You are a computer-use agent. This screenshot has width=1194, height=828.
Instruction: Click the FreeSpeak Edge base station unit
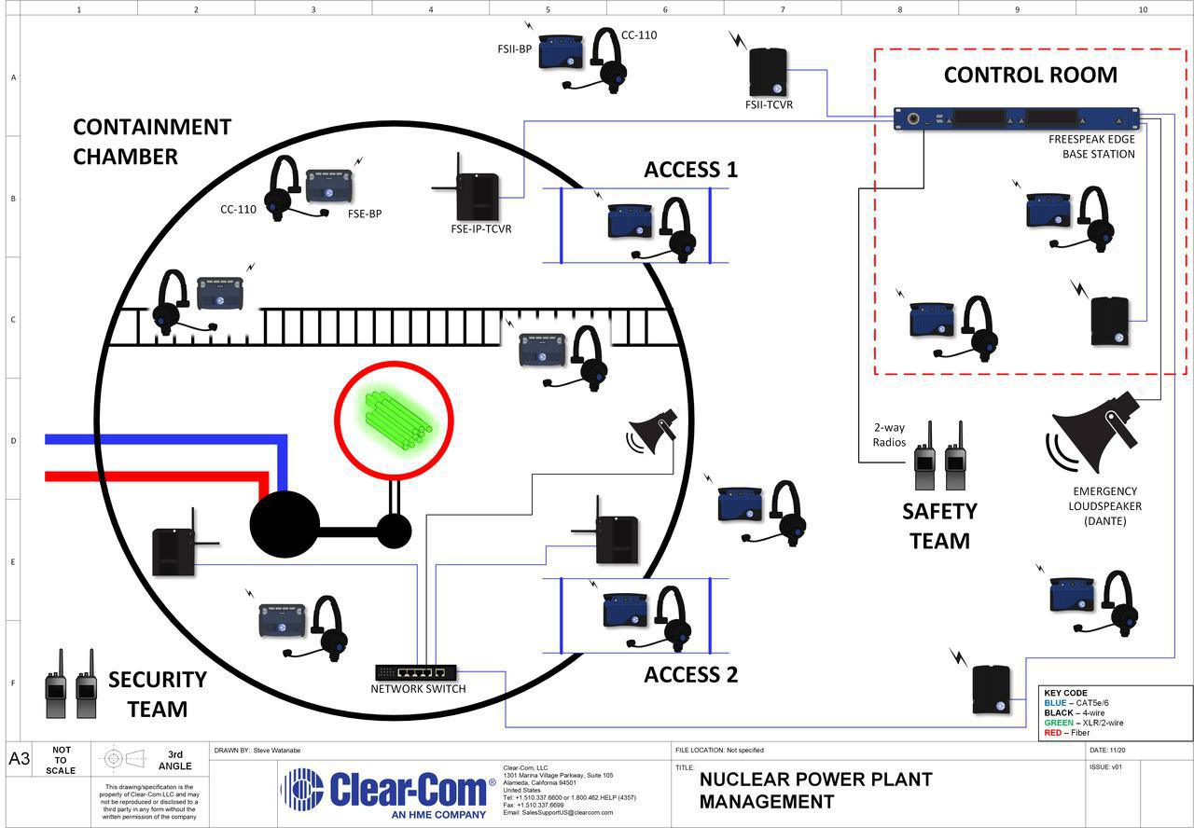click(x=1017, y=118)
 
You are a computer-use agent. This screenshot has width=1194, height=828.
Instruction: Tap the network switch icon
click(x=416, y=671)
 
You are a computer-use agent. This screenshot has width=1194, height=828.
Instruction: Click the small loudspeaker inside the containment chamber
click(x=654, y=431)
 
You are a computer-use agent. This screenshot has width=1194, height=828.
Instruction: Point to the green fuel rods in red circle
click(x=395, y=414)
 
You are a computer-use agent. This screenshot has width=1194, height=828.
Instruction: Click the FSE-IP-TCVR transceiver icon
click(x=478, y=189)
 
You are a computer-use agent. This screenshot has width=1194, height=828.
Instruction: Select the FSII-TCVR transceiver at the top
click(x=769, y=72)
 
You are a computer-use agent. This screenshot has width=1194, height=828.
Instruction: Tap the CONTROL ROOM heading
click(x=1030, y=75)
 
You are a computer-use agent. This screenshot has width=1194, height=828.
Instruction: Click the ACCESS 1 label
click(x=690, y=170)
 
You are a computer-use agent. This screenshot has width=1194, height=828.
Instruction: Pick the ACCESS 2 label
click(x=690, y=675)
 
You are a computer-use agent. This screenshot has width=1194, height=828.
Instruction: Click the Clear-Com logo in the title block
click(x=386, y=790)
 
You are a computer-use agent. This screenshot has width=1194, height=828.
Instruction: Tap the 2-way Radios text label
click(x=889, y=435)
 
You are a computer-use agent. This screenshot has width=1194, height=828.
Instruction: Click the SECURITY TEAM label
click(x=157, y=694)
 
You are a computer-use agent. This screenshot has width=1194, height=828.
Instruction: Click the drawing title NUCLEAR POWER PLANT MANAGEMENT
click(x=815, y=790)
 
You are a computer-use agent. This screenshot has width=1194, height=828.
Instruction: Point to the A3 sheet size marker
click(x=19, y=758)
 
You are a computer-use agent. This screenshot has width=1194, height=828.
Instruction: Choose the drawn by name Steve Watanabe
click(x=276, y=750)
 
